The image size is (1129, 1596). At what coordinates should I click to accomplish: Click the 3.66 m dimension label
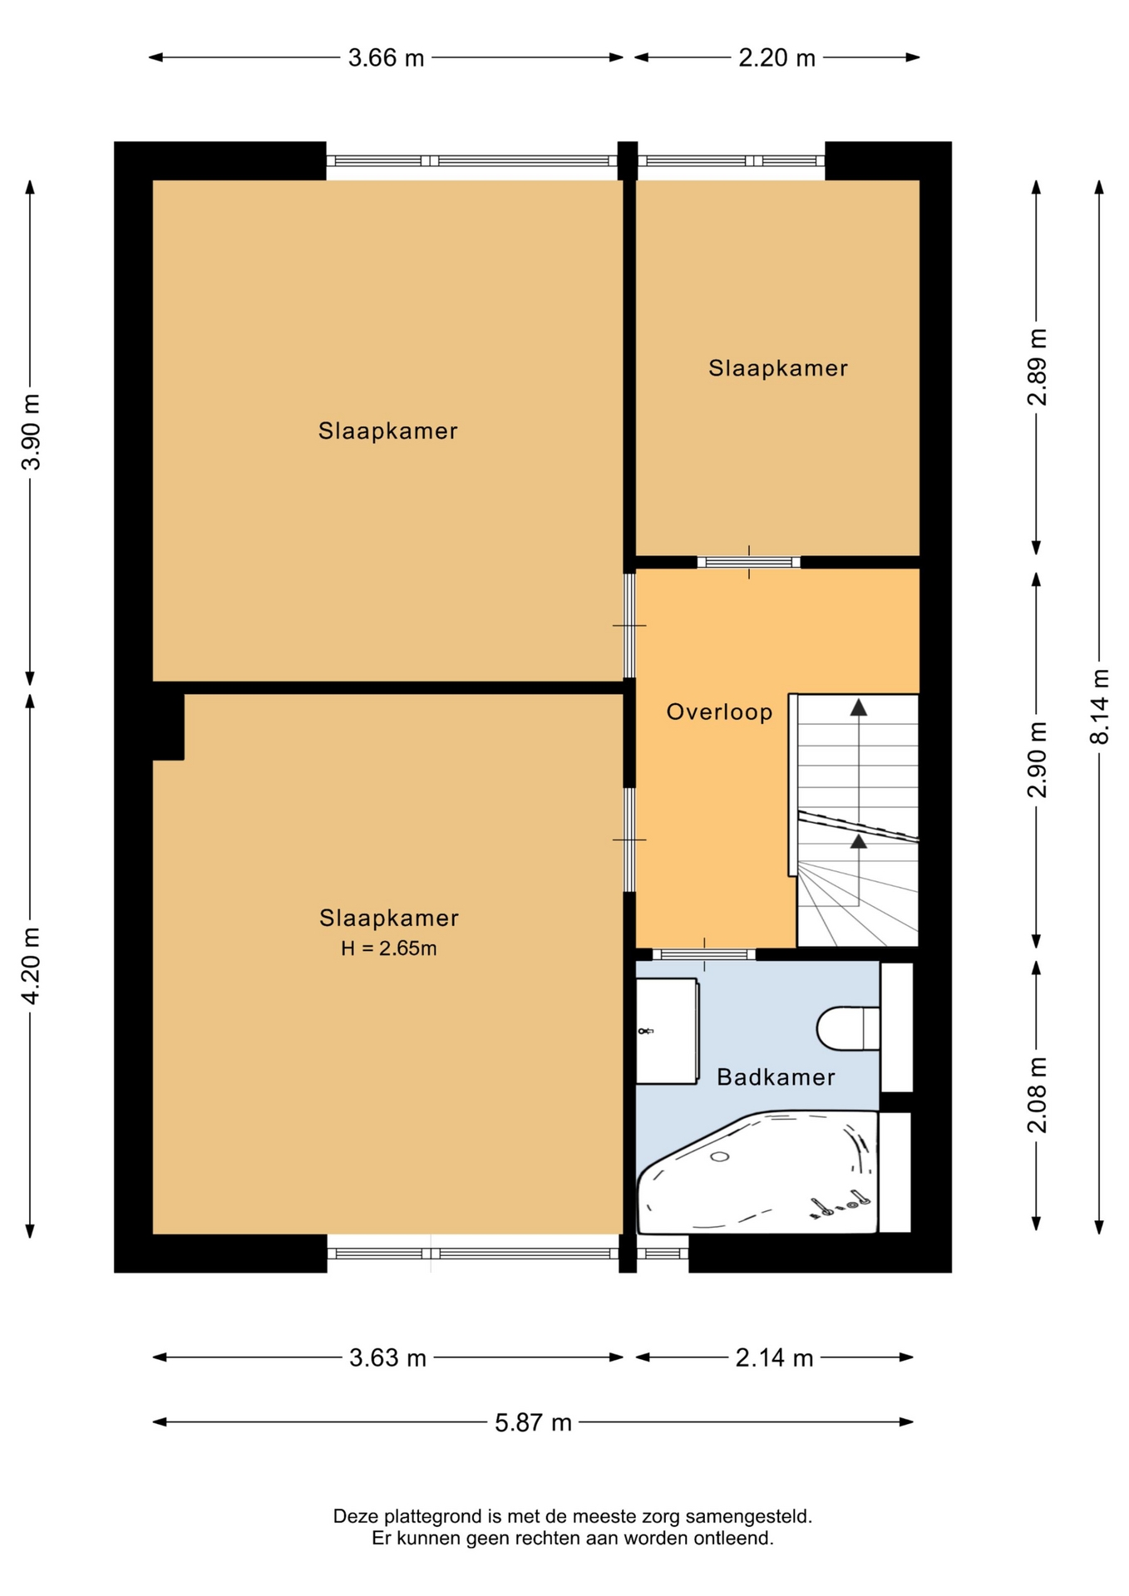pyautogui.click(x=386, y=58)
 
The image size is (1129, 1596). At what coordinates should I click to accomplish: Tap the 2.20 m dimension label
pyautogui.click(x=776, y=58)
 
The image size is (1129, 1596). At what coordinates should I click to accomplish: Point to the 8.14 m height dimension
pyautogui.click(x=1100, y=707)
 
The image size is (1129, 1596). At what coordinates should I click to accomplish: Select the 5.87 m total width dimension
pyautogui.click(x=533, y=1422)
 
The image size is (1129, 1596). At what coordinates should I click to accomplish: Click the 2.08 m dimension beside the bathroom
pyautogui.click(x=1037, y=1095)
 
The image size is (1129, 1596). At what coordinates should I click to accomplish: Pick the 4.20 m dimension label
pyautogui.click(x=31, y=965)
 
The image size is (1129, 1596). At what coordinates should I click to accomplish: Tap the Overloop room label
pyautogui.click(x=720, y=712)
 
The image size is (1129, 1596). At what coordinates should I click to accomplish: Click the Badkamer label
pyautogui.click(x=776, y=1077)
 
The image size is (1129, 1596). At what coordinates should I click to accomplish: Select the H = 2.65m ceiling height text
pyautogui.click(x=388, y=948)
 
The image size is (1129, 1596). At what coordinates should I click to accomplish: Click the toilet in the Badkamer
pyautogui.click(x=848, y=1029)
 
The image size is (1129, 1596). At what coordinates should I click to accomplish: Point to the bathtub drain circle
pyautogui.click(x=720, y=1157)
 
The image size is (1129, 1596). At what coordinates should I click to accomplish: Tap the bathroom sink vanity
pyautogui.click(x=667, y=1031)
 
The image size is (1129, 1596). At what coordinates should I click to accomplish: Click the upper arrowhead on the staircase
pyautogui.click(x=858, y=707)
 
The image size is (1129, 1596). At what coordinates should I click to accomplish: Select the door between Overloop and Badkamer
pyautogui.click(x=704, y=954)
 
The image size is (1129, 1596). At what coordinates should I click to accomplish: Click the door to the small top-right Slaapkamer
pyautogui.click(x=748, y=562)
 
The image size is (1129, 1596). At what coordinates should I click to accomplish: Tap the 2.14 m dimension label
pyautogui.click(x=774, y=1358)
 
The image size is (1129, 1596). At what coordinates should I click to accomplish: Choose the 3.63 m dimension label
pyautogui.click(x=387, y=1358)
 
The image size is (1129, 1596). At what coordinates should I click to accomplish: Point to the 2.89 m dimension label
pyautogui.click(x=1037, y=367)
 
